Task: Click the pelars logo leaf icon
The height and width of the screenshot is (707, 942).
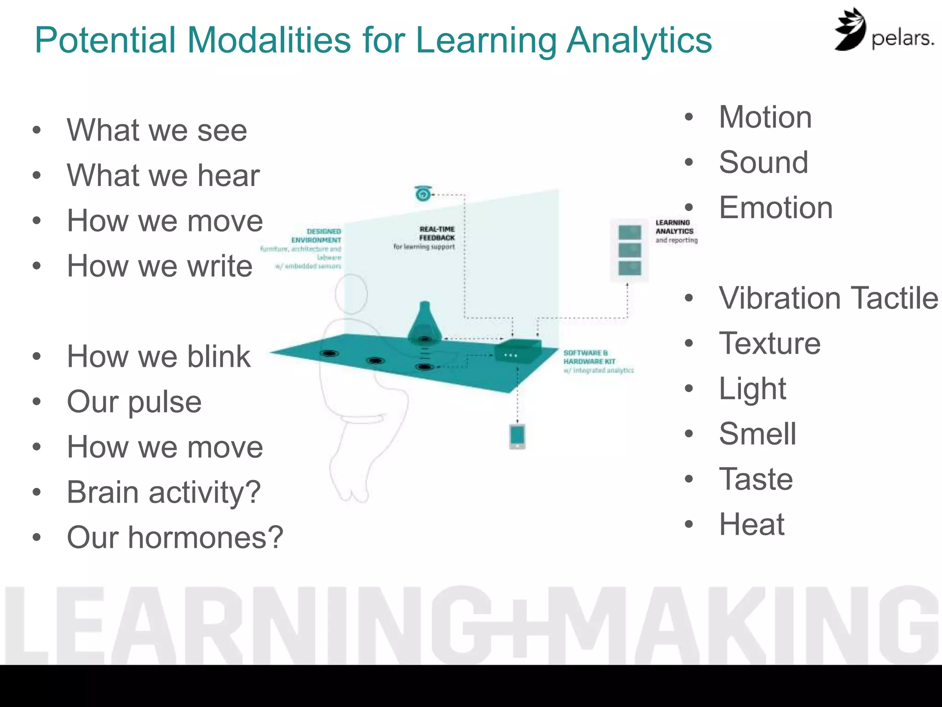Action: pyautogui.click(x=850, y=29)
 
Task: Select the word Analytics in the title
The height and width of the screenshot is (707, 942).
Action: pyautogui.click(x=639, y=41)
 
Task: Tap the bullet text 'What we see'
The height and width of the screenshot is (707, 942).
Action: pyautogui.click(x=157, y=131)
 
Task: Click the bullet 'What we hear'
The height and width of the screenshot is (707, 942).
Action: pyautogui.click(x=163, y=176)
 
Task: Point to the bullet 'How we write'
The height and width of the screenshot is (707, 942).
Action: pyautogui.click(x=160, y=267)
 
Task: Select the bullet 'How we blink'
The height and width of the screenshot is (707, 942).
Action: pyautogui.click(x=159, y=357)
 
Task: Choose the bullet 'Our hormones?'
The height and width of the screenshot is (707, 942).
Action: pyautogui.click(x=175, y=538)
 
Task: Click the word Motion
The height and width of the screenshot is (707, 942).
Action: pyautogui.click(x=765, y=117)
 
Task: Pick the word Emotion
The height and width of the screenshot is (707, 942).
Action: pyautogui.click(x=775, y=208)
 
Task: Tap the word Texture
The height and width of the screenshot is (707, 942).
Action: pyautogui.click(x=770, y=344)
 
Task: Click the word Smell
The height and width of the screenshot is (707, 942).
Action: pyautogui.click(x=757, y=434)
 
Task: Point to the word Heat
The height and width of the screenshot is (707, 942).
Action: pyautogui.click(x=752, y=525)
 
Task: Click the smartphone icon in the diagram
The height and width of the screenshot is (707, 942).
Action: pyautogui.click(x=517, y=436)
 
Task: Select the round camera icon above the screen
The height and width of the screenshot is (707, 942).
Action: pyautogui.click(x=423, y=194)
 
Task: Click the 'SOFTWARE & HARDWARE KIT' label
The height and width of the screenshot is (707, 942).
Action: pyautogui.click(x=589, y=357)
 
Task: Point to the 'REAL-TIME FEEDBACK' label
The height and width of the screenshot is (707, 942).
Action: pyautogui.click(x=437, y=233)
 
